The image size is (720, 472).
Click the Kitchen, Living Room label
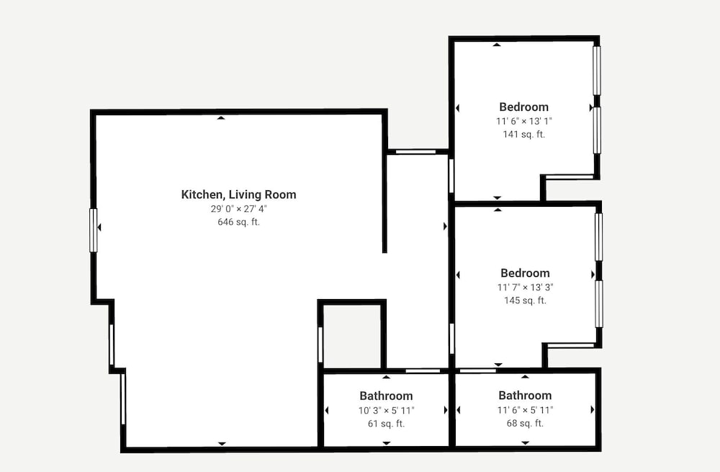239,195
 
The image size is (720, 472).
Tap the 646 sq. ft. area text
239,222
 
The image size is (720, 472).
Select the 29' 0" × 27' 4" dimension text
239,209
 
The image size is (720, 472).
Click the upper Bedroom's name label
524,107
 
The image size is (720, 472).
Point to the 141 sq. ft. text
524,134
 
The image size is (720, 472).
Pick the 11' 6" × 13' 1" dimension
524,121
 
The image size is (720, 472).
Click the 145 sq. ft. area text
526,300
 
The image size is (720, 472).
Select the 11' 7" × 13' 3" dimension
526,288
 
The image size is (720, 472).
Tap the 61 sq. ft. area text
386,424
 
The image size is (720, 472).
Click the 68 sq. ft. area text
526,423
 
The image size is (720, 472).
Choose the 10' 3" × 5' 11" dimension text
386,411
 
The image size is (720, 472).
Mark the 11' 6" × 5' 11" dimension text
526,410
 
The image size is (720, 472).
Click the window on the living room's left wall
93,231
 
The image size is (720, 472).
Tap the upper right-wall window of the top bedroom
596,70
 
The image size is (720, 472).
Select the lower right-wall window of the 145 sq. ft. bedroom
599,304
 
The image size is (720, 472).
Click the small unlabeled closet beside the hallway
352,336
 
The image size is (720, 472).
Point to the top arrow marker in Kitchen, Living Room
221,118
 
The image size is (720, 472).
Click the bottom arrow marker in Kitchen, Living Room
222,444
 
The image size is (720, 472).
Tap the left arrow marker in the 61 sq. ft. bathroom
327,411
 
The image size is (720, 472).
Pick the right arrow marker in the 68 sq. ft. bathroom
593,409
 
